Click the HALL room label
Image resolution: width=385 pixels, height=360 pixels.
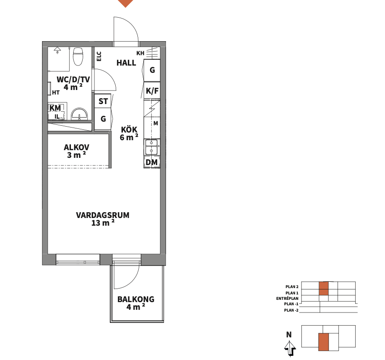click(126, 63)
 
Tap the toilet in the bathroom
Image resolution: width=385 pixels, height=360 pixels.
click(78, 56)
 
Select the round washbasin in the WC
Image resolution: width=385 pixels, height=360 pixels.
click(80, 114)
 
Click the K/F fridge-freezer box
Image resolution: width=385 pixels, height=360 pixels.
click(152, 90)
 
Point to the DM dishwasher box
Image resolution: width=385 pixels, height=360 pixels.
click(152, 162)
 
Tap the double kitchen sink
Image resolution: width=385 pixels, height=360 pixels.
click(152, 147)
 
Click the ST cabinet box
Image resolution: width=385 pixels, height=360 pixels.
click(103, 101)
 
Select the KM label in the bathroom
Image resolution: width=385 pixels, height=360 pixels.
click(55, 108)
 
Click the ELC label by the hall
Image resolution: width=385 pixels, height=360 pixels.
click(99, 56)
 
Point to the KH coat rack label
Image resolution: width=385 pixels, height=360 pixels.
click(141, 53)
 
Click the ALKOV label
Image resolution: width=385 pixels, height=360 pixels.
click(77, 147)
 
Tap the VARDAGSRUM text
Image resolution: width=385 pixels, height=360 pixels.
click(103, 215)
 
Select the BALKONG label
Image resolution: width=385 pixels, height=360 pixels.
click(136, 299)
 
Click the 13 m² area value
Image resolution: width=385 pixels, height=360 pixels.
click(103, 223)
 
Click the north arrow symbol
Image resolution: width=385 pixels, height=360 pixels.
click(290, 348)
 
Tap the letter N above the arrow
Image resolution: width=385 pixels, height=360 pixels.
click(289, 334)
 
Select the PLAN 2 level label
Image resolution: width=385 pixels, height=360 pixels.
click(292, 287)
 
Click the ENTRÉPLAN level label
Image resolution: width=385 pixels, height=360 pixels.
click(287, 298)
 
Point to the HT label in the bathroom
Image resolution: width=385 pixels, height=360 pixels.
click(56, 93)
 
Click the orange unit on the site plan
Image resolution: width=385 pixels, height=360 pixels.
click(324, 342)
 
